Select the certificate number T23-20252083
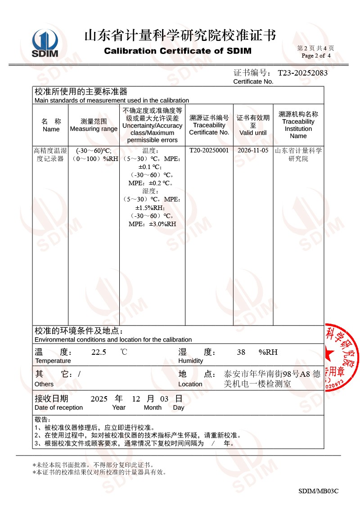tap(302, 73)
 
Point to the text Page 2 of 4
tap(316, 56)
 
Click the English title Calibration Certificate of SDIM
tap(178, 51)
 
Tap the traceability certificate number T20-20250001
tap(209, 151)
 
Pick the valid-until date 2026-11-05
tap(253, 151)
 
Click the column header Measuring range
tap(94, 129)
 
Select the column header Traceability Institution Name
tap(298, 129)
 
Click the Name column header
tap(51, 129)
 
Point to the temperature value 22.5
tap(99, 353)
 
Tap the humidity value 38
tap(241, 353)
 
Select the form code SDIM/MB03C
tap(318, 491)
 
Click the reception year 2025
tap(99, 399)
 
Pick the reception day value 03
tap(164, 399)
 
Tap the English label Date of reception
tap(58, 407)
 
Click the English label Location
tap(190, 384)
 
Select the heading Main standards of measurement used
tap(112, 100)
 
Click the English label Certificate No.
tap(253, 81)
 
